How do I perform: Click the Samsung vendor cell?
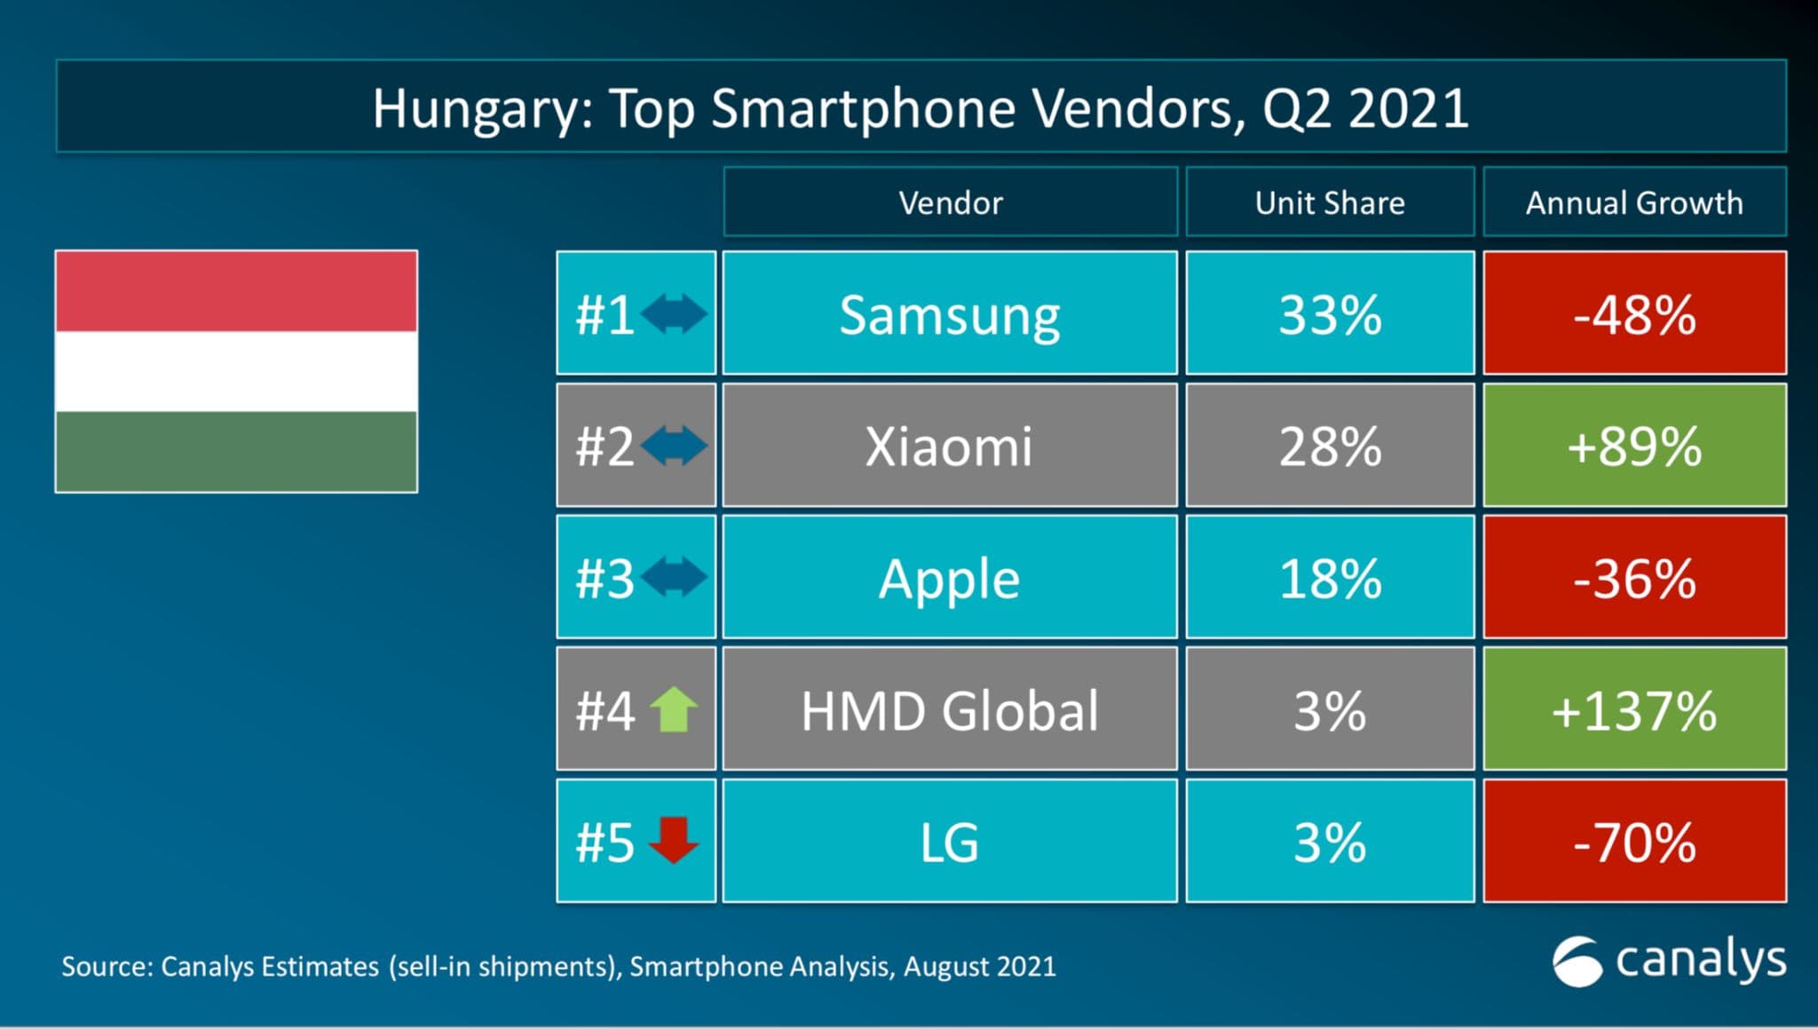tap(949, 314)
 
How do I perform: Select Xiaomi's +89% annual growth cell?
tap(1633, 446)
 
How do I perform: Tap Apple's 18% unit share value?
tap(1329, 578)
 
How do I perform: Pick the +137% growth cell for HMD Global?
tap(1633, 710)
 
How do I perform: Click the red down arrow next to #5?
tap(674, 840)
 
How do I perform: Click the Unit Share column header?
tap(1329, 202)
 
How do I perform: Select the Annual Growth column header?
tap(1633, 202)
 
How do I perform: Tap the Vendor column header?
tap(949, 202)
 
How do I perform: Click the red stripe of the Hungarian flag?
tap(236, 291)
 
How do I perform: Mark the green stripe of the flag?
tap(236, 451)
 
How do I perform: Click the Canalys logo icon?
tap(1577, 961)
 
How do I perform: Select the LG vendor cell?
tap(949, 842)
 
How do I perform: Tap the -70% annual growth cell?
tap(1633, 842)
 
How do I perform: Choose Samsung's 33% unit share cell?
tap(1329, 314)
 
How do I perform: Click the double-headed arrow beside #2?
tap(674, 446)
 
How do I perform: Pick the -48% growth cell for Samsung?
tap(1633, 314)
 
